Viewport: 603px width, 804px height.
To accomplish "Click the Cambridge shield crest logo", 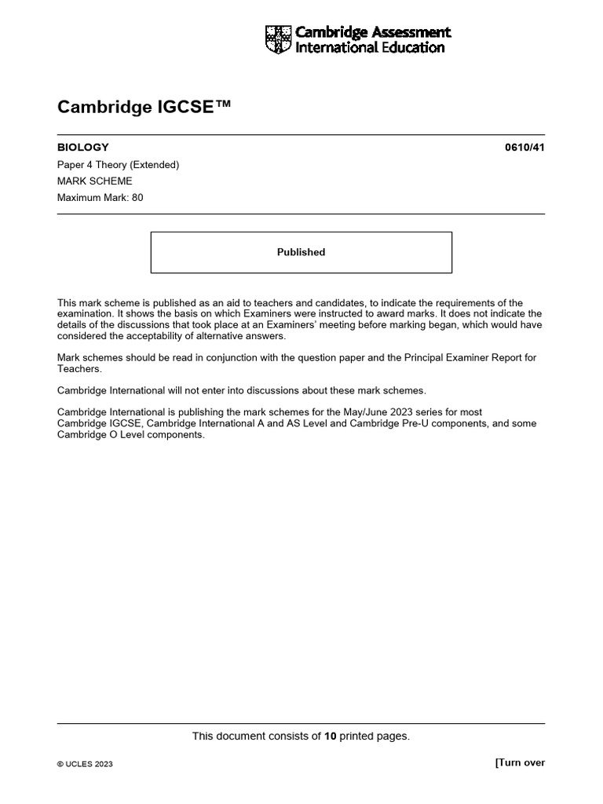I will [x=278, y=39].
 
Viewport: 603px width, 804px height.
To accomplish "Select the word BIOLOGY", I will [x=83, y=147].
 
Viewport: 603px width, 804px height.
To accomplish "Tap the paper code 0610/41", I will [x=524, y=147].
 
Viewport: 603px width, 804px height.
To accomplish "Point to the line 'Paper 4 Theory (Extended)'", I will [x=119, y=165].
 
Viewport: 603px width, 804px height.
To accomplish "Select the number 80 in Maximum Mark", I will [x=137, y=198].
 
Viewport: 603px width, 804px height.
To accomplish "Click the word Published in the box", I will [x=301, y=252].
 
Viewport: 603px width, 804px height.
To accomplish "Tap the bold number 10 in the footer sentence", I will [x=331, y=736].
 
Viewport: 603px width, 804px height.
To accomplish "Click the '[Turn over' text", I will [x=519, y=762].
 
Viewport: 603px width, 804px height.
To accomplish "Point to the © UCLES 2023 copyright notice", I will [x=85, y=764].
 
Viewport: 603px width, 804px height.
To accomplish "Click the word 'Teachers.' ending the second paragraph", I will [x=80, y=368].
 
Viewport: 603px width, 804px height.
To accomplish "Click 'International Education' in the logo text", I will [x=369, y=48].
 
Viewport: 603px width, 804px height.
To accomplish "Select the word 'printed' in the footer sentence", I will [x=358, y=736].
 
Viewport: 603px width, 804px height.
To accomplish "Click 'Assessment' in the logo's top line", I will [x=412, y=32].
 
